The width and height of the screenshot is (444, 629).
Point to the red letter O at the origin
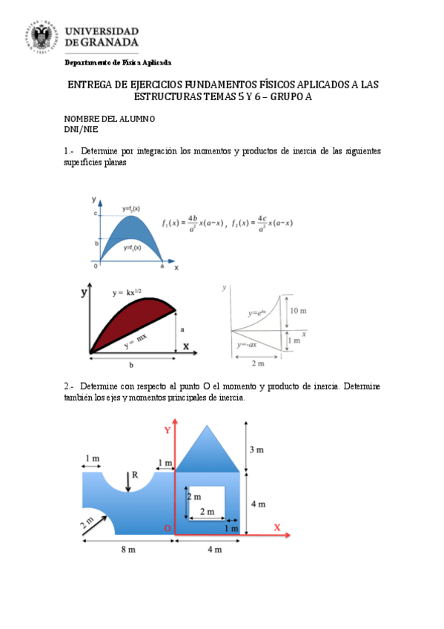point(168,527)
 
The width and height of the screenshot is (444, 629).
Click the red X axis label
point(276,527)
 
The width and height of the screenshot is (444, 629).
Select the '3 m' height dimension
point(256,449)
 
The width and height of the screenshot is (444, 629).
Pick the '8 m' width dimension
point(127,550)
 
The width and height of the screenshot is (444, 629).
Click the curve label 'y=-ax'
point(248,345)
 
